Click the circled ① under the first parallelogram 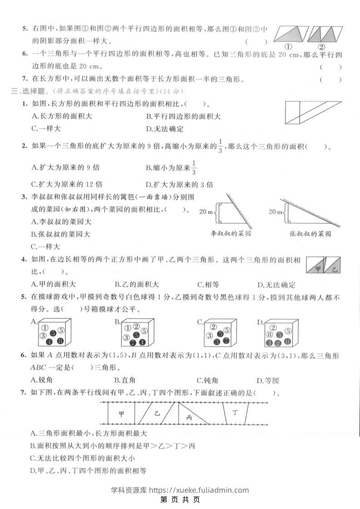[288, 47]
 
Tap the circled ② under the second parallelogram [321, 47]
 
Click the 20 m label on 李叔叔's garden [206, 211]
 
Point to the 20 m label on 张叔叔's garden [276, 211]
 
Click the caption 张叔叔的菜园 [310, 234]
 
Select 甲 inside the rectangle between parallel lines [121, 414]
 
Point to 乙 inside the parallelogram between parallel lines [157, 413]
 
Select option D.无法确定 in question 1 [164, 129]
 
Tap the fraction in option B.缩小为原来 [193, 167]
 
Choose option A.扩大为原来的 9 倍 [65, 167]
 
